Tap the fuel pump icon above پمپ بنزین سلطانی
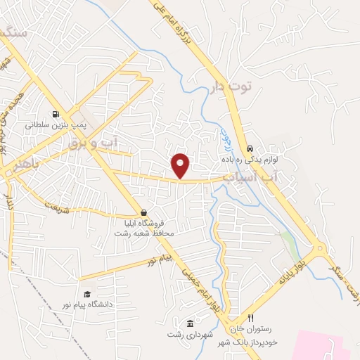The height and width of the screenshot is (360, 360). click(x=54, y=114)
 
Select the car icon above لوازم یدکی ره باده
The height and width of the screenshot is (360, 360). click(x=250, y=149)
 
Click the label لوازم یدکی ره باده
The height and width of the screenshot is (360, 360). click(x=251, y=160)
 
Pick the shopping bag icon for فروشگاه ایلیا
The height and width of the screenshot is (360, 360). click(x=144, y=212)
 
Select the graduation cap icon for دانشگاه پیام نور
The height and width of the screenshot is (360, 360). click(x=87, y=294)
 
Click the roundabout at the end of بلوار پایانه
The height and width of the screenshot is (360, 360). click(x=321, y=248)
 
